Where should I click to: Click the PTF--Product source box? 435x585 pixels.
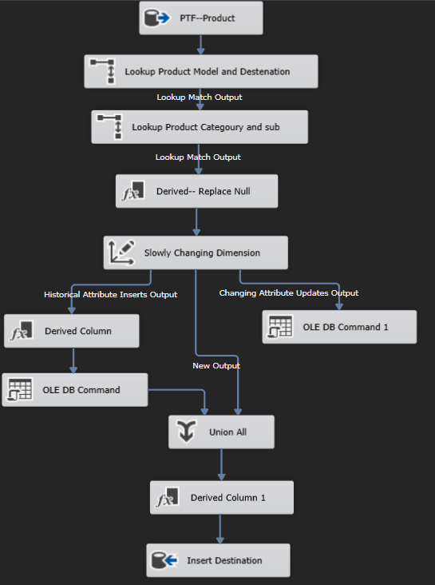click(201, 18)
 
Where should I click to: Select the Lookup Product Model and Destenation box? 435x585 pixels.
click(201, 71)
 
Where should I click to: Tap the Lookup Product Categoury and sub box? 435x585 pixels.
click(199, 126)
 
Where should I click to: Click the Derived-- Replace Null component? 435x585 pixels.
click(197, 192)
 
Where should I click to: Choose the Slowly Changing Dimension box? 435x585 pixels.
click(196, 253)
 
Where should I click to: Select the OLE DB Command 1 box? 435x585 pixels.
click(339, 327)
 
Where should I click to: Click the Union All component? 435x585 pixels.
click(222, 432)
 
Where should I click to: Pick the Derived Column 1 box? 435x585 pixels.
click(222, 498)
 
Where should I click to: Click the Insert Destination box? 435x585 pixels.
click(218, 560)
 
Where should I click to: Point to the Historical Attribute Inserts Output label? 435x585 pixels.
click(110, 294)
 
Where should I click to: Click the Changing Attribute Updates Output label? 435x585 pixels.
click(289, 292)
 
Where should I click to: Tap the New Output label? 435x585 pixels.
click(216, 365)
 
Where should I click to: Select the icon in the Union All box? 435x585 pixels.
click(185, 432)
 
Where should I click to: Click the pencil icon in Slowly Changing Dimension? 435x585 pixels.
click(120, 253)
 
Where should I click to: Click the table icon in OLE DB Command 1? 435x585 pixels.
click(279, 327)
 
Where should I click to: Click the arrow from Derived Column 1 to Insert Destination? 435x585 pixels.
click(221, 529)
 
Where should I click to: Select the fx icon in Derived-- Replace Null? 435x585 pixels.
click(132, 192)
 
